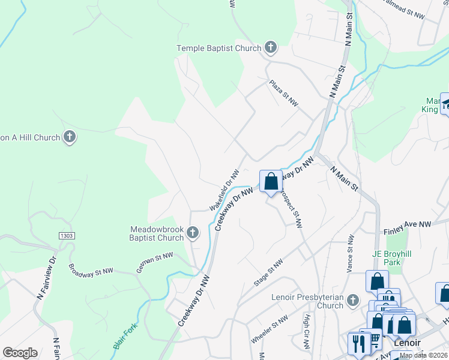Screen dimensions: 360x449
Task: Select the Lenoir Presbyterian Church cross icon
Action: coord(353,300)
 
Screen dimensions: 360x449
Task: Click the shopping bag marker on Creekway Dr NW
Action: coord(271,181)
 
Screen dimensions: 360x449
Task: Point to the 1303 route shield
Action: coord(67,236)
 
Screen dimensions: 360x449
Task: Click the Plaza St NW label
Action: coord(284,92)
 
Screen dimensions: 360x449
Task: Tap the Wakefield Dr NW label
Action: coord(225,189)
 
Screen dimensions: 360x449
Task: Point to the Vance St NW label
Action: coord(351,255)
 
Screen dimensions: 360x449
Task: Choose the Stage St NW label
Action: coord(268,273)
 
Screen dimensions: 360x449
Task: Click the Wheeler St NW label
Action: coord(267,330)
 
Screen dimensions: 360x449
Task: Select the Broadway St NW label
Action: coord(91,271)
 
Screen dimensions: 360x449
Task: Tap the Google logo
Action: coord(20,353)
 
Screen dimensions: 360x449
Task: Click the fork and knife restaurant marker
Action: coord(357,343)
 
